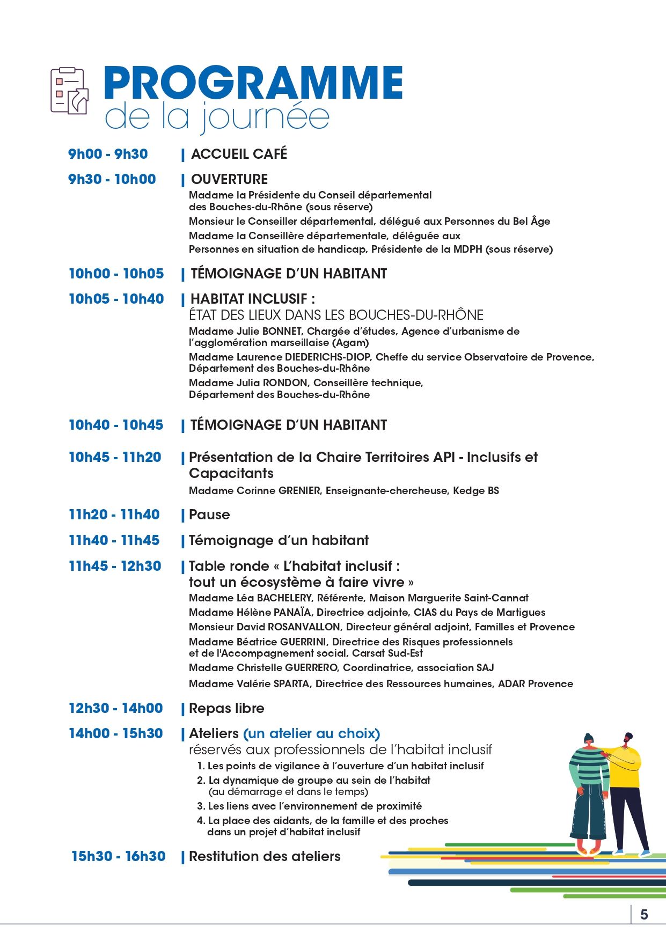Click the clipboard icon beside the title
pos(69,90)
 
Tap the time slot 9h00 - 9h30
pos(108,154)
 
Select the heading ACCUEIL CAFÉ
pos(239,154)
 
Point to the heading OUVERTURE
pos(229,179)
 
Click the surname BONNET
pos(282,331)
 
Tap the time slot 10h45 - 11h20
pos(115,457)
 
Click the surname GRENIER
pos(299,490)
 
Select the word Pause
pos(209,514)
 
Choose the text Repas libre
pos(226,708)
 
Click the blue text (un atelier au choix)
pos(311,733)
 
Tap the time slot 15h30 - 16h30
pos(119,856)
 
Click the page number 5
pos(644,915)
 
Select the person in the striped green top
pos(589,789)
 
